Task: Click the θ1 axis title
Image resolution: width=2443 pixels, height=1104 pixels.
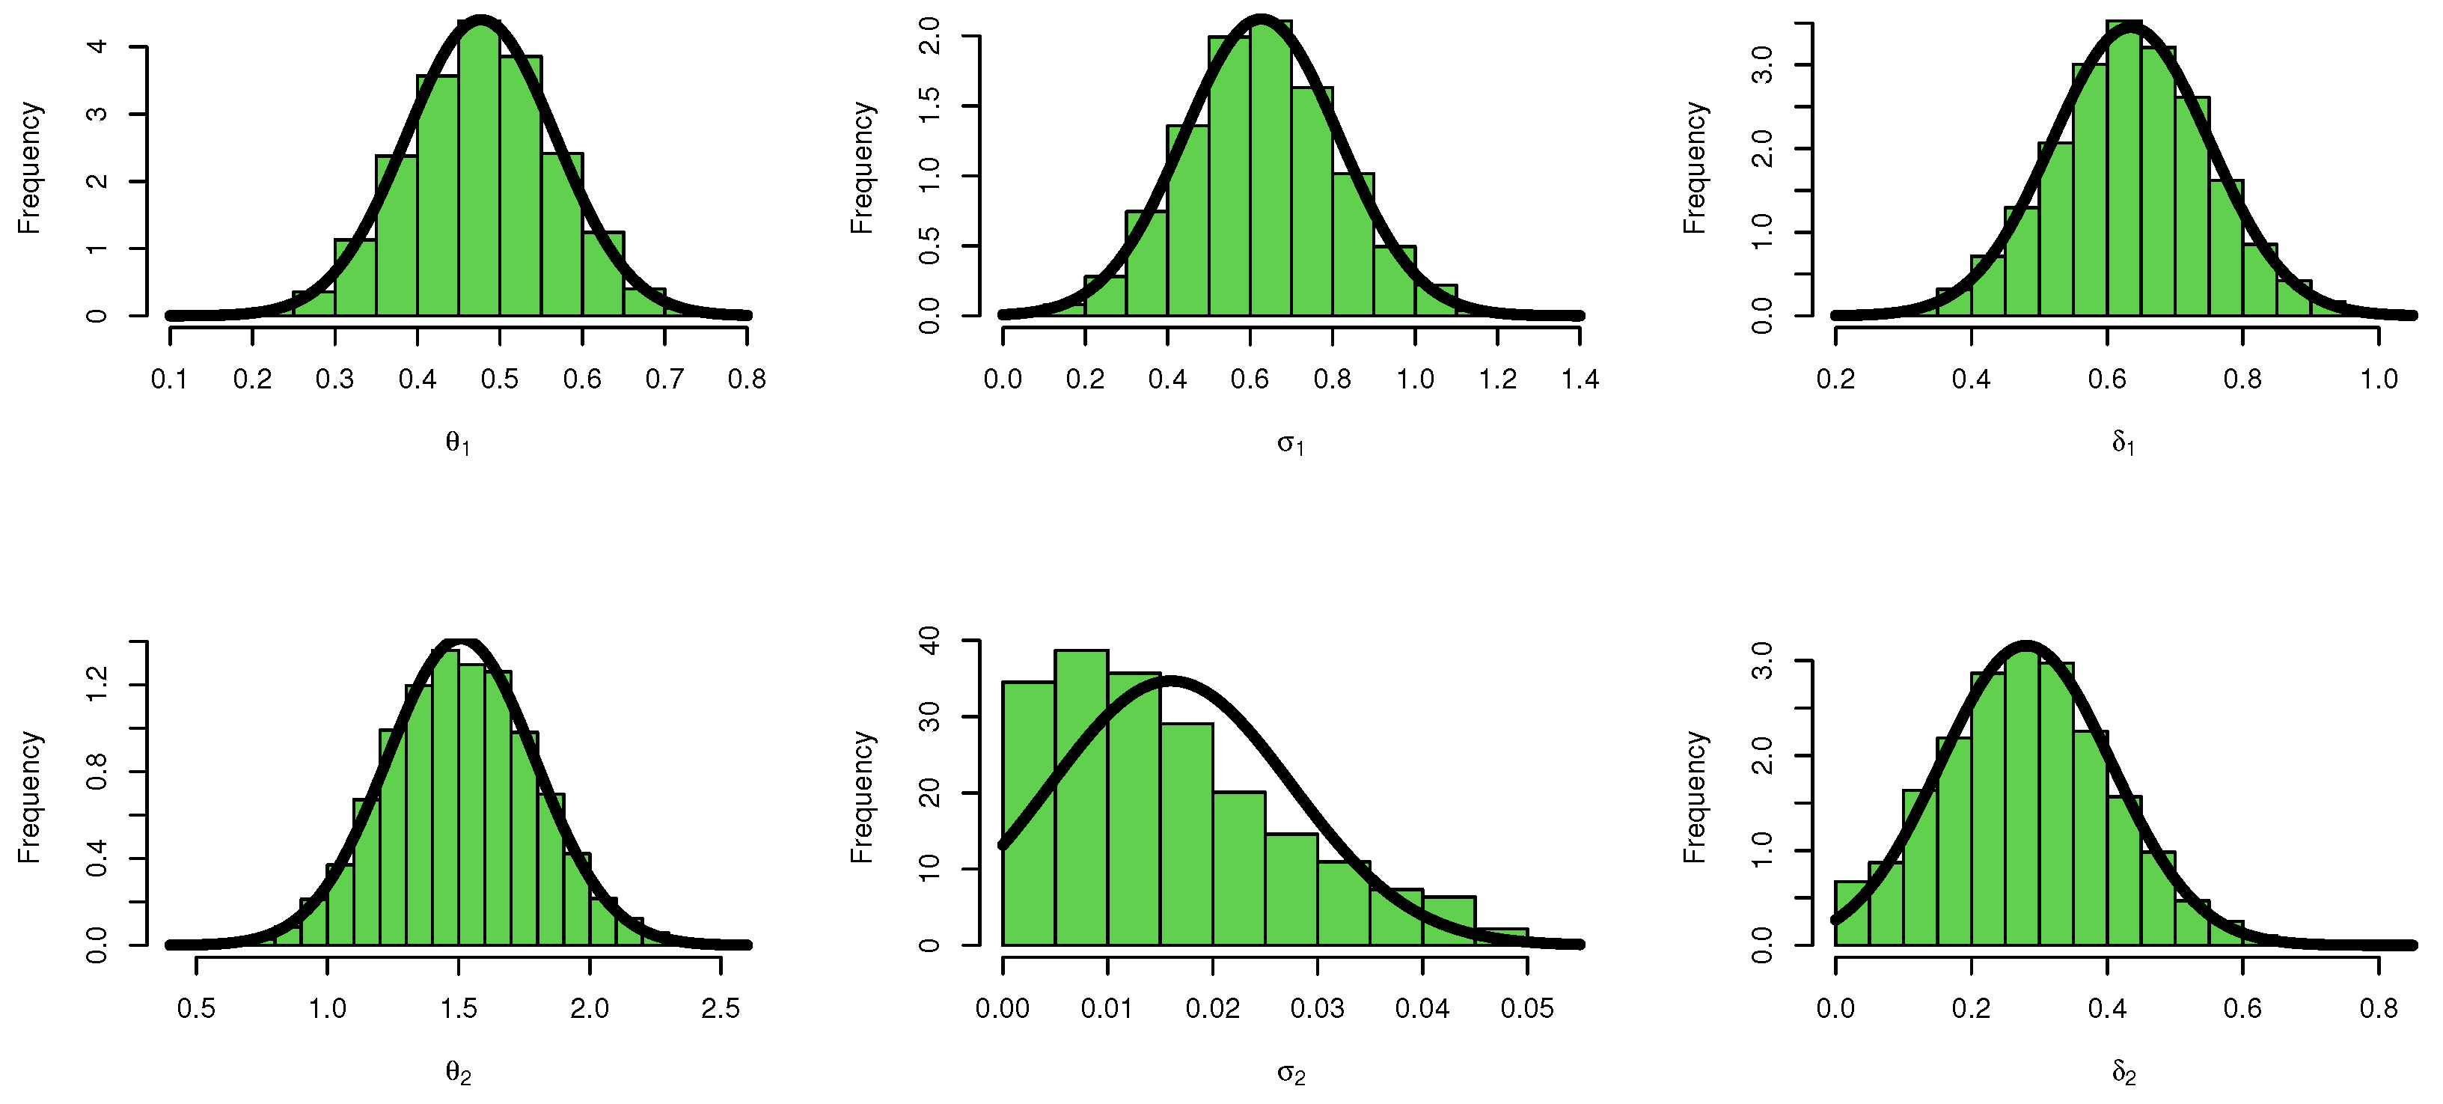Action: (x=458, y=443)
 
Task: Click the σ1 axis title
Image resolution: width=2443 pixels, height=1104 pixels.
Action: (x=1291, y=443)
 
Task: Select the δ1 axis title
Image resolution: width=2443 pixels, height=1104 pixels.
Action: (x=2124, y=443)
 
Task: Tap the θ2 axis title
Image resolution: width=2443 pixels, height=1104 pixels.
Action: (x=458, y=1073)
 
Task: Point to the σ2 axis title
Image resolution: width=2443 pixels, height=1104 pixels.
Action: (x=1291, y=1073)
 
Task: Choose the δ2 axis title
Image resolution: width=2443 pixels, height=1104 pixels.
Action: (x=2124, y=1073)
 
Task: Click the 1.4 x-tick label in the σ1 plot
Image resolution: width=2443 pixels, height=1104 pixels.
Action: (x=1579, y=379)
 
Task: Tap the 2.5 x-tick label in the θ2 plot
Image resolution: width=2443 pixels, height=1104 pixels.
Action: (x=720, y=1008)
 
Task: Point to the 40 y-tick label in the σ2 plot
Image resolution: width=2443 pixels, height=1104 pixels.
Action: (x=930, y=641)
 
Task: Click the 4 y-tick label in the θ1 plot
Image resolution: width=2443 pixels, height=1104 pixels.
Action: (x=97, y=46)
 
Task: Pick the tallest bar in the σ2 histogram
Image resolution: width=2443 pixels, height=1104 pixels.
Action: (x=1081, y=796)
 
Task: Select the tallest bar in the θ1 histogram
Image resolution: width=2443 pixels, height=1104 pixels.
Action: (x=479, y=171)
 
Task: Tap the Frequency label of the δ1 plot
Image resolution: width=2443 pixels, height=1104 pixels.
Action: (x=1694, y=168)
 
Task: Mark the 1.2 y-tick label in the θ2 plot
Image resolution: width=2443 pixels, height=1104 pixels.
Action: (x=97, y=685)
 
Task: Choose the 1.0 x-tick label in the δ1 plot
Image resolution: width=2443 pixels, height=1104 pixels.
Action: (x=2379, y=379)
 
